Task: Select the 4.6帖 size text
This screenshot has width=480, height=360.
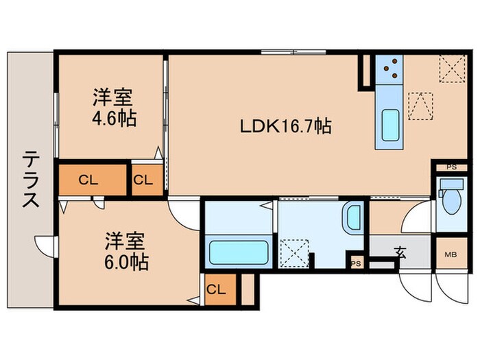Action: coord(113,117)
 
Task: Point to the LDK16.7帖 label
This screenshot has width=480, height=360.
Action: coord(286,126)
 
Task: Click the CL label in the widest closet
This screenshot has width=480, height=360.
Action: coord(86,180)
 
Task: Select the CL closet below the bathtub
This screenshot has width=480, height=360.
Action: coord(217,289)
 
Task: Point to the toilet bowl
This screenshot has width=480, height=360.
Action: coord(451,199)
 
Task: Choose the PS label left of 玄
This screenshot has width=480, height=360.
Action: coord(355,263)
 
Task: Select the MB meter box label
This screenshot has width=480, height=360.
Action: coord(450,254)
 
